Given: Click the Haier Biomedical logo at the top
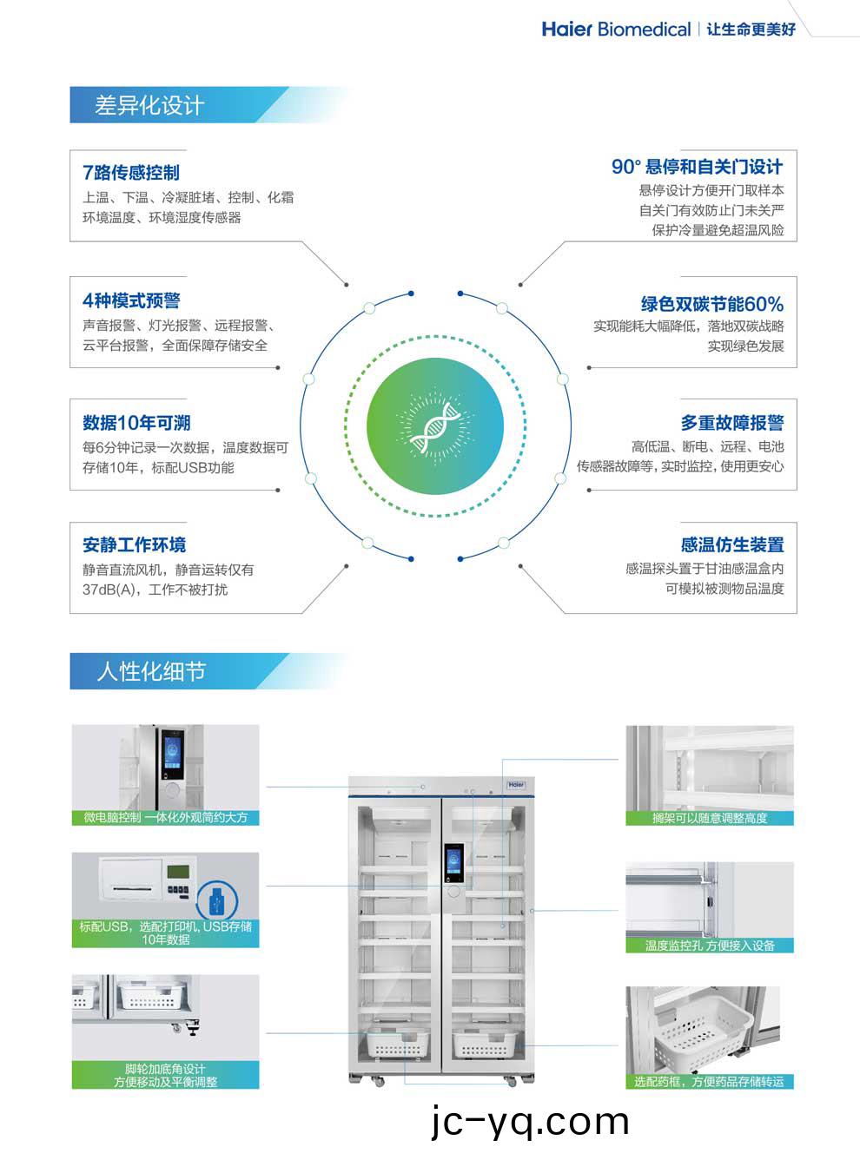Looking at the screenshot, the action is (616, 30).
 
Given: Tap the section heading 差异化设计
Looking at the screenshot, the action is (149, 105).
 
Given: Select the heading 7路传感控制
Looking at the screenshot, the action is (131, 172).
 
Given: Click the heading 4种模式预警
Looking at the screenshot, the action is (131, 300).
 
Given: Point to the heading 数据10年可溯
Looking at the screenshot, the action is (136, 423).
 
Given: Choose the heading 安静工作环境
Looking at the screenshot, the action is (134, 545).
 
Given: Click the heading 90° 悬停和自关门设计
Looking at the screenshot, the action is (698, 167).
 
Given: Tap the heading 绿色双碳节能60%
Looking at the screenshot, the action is (712, 304).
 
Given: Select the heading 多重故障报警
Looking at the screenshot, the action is (732, 423).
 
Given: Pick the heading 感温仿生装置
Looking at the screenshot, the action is (732, 545).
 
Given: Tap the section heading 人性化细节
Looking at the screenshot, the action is (151, 671).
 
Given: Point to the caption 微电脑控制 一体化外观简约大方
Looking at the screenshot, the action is (165, 817).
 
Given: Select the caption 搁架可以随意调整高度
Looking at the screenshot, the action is (710, 818).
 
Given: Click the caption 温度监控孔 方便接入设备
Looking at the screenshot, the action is (710, 946).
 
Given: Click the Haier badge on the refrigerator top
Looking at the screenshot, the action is (516, 785).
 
